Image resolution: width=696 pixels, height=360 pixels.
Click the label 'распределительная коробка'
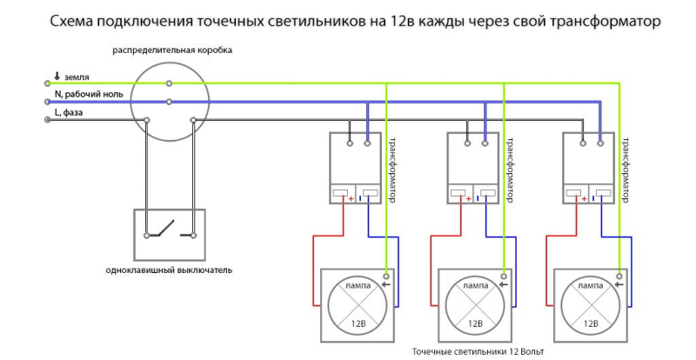[x=171, y=50]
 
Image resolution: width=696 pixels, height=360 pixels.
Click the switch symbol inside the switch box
[x=169, y=232]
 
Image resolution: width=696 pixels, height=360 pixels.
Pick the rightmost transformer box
[x=591, y=168]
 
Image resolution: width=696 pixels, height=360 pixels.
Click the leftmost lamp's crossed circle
[x=357, y=306]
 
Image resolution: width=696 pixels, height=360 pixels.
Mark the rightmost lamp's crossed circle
[x=591, y=306]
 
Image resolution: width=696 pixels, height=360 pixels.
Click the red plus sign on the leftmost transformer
[x=351, y=198]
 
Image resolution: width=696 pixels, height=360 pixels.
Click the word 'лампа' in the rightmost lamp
[x=591, y=284]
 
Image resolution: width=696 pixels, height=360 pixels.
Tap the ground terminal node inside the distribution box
[x=170, y=83]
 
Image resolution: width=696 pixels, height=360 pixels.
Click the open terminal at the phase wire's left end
[x=47, y=120]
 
